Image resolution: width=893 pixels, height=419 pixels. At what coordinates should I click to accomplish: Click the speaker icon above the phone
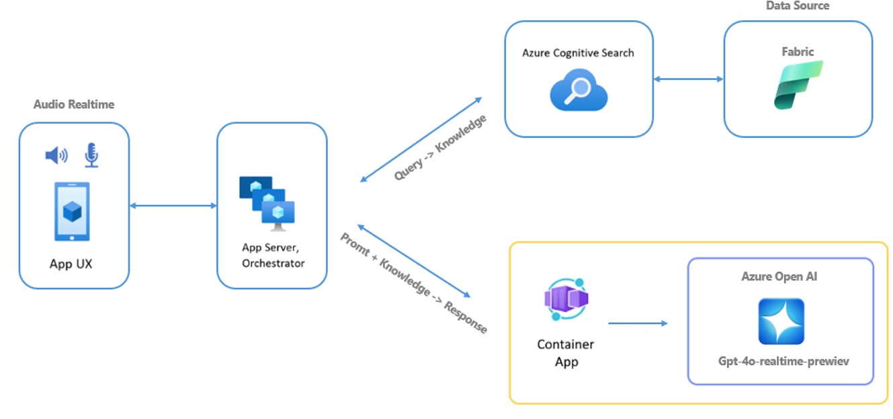[56, 156]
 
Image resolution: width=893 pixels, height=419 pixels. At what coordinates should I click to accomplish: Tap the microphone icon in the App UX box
[91, 155]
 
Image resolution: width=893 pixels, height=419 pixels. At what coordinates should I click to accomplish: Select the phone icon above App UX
[71, 211]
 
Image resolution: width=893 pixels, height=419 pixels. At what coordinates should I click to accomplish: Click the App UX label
[71, 264]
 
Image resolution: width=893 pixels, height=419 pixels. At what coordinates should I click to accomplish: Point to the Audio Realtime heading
[74, 104]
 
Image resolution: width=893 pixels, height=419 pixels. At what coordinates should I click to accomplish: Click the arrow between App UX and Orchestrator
[173, 205]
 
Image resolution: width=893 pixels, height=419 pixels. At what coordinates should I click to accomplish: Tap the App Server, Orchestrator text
[272, 256]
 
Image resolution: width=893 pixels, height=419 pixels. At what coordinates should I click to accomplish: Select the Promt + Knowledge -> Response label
[413, 282]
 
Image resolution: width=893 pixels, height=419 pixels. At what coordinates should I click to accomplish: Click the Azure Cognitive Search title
[578, 52]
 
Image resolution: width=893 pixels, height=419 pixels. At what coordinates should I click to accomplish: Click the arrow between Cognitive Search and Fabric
[688, 79]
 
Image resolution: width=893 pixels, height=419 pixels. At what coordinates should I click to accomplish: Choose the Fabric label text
[798, 51]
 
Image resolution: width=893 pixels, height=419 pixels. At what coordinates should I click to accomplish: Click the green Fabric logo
[798, 85]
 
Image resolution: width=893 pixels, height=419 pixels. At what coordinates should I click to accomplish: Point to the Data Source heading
[798, 6]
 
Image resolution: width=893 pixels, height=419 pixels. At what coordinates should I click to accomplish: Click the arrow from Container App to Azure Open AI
[638, 323]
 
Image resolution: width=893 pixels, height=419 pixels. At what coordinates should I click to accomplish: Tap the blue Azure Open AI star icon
[781, 321]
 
